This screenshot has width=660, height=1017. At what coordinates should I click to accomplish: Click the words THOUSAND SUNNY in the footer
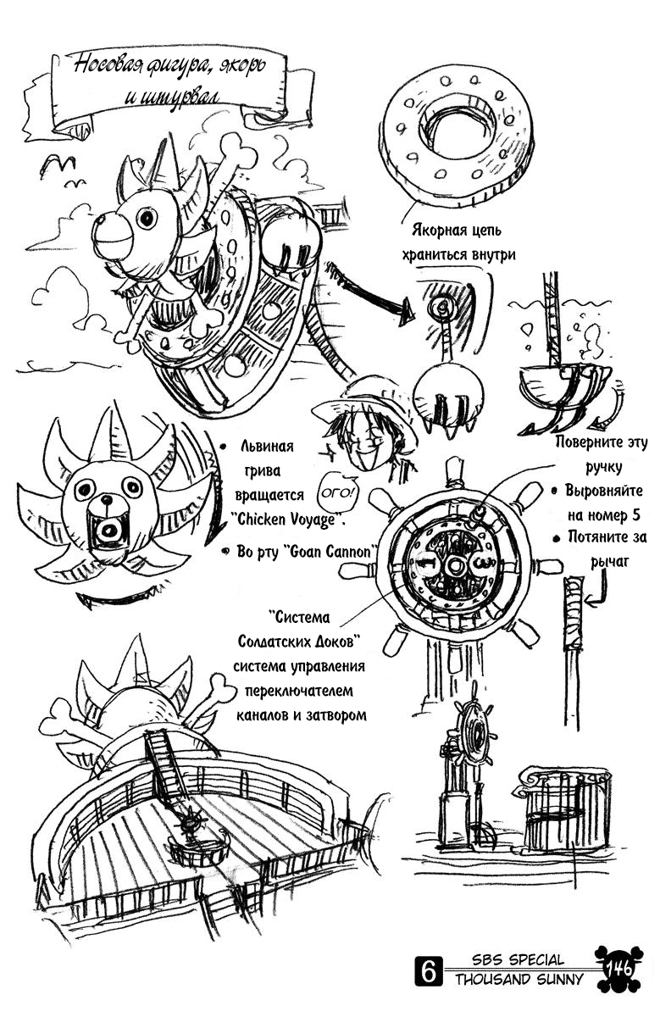[x=519, y=980]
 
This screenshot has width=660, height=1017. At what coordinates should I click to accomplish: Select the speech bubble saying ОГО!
[x=336, y=492]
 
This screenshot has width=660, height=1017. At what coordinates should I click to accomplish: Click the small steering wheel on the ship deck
[x=190, y=822]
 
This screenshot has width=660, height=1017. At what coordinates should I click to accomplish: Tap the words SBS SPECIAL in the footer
[x=519, y=960]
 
